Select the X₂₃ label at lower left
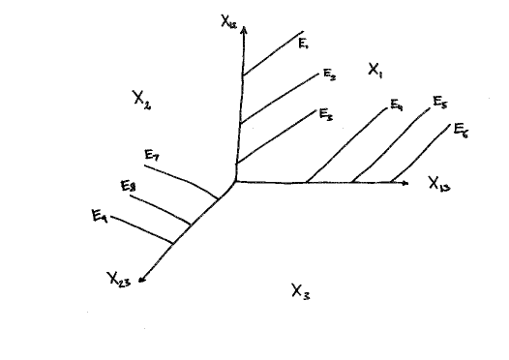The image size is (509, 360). (x=119, y=280)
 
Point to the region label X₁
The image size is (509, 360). (x=375, y=70)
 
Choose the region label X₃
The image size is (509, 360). (x=300, y=288)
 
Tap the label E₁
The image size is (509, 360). (x=303, y=43)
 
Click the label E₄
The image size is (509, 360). (x=397, y=105)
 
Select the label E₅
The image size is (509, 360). (x=439, y=102)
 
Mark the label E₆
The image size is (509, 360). (x=463, y=132)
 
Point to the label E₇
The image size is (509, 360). (x=152, y=155)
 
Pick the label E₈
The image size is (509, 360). (x=128, y=185)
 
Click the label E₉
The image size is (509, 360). (x=99, y=216)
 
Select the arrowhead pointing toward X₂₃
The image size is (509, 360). (x=143, y=280)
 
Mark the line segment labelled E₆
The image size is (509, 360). (x=421, y=155)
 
